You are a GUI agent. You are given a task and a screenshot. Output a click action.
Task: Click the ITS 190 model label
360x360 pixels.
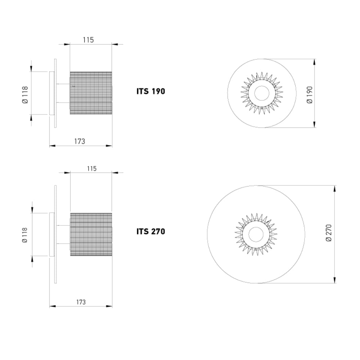150,91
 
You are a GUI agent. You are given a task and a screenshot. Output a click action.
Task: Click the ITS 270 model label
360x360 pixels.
150,231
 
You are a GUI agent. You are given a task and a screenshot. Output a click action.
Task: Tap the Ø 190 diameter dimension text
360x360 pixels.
310,95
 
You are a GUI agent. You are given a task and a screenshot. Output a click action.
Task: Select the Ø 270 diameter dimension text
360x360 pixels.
329,233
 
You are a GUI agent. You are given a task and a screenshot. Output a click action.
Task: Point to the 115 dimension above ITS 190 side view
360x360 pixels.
89,40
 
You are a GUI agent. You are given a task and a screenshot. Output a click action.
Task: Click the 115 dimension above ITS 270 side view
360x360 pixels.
91,168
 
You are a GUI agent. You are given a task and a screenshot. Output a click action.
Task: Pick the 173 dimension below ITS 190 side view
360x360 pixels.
80,141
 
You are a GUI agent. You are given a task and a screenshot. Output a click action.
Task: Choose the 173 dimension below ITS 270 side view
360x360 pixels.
81,302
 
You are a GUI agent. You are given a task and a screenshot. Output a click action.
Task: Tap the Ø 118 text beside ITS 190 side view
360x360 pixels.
25,95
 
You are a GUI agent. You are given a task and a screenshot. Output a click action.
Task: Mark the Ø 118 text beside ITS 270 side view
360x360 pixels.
25,235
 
